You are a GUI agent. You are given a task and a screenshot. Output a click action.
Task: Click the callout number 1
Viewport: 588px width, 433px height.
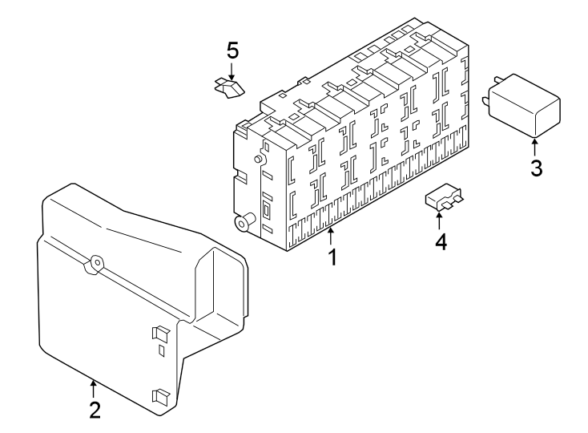[x=331, y=258]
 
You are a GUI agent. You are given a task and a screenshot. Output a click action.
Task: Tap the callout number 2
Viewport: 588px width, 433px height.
[x=95, y=411]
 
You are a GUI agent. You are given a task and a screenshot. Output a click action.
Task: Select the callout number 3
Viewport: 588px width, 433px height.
[x=535, y=169]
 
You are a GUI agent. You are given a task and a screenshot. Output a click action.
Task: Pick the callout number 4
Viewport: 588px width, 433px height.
[x=440, y=241]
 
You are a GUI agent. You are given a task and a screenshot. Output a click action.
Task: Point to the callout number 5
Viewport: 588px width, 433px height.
[x=232, y=51]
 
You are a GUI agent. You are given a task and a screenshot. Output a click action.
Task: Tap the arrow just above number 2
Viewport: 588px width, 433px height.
[x=95, y=387]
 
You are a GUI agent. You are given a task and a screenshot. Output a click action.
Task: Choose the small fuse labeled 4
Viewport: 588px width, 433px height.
[x=445, y=197]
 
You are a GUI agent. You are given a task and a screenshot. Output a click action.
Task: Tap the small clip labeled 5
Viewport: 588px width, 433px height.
[x=228, y=87]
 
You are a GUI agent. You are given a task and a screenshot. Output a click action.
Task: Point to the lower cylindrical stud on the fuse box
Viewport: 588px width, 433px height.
[x=242, y=222]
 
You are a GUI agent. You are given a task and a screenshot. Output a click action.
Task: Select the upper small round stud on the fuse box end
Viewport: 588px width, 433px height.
[x=258, y=160]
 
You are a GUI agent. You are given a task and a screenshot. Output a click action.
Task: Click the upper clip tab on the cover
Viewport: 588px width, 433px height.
[x=158, y=334]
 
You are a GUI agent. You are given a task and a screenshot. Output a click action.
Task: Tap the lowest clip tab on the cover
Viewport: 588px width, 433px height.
[x=159, y=395]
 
